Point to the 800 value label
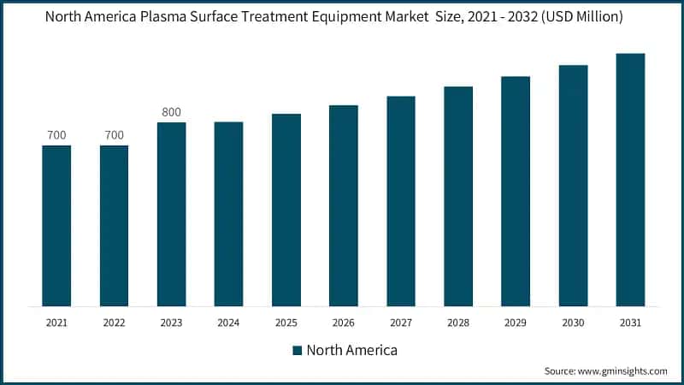pyautogui.click(x=171, y=112)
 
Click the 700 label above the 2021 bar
pyautogui.click(x=56, y=135)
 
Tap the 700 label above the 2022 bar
pyautogui.click(x=114, y=135)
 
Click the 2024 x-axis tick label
pyautogui.click(x=228, y=323)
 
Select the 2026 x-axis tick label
pyautogui.click(x=343, y=323)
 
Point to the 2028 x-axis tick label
pyautogui.click(x=458, y=323)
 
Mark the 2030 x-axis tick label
pyautogui.click(x=573, y=323)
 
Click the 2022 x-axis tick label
pyautogui.click(x=114, y=323)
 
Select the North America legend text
pyautogui.click(x=351, y=350)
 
